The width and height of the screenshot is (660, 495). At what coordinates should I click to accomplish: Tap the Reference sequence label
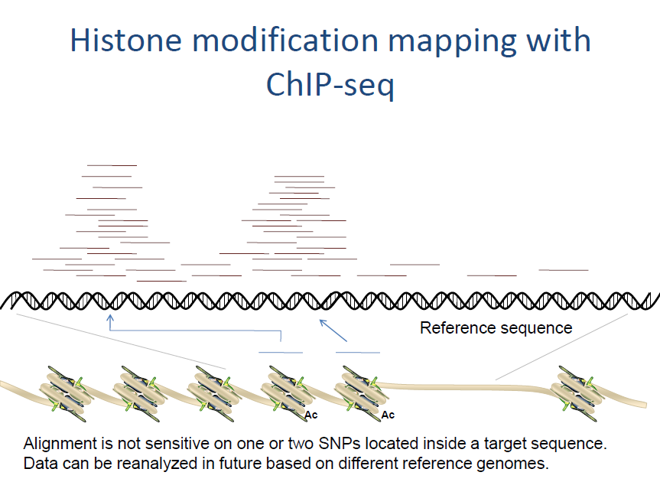[496, 328]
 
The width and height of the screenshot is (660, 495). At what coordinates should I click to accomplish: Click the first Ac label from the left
[311, 415]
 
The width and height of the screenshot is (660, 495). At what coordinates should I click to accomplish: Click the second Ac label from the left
[388, 415]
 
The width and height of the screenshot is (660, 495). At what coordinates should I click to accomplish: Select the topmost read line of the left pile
[112, 164]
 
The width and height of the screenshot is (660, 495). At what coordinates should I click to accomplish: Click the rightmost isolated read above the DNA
[563, 269]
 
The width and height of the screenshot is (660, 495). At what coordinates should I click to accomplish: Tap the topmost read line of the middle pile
[299, 176]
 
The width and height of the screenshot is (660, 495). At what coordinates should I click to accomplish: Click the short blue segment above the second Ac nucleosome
[357, 352]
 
